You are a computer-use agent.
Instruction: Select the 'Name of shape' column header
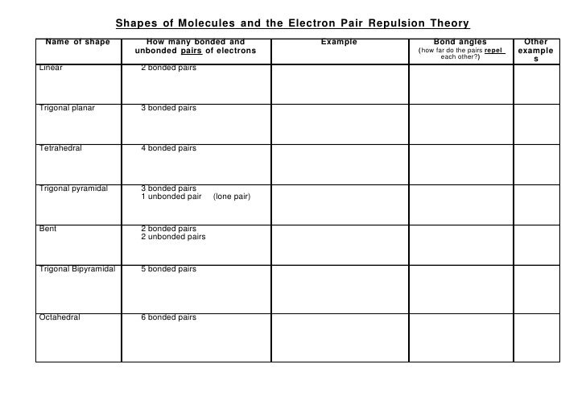[78, 41]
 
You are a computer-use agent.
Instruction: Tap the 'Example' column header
[339, 41]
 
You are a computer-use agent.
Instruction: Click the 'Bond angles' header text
[460, 41]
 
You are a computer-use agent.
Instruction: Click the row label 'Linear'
[51, 67]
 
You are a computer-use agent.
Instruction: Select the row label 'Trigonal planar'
[66, 108]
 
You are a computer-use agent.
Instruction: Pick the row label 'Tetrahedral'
[60, 148]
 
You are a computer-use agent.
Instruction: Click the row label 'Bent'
[47, 229]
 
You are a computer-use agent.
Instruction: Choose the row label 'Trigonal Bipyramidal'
[77, 269]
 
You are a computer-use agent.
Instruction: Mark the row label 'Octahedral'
[59, 317]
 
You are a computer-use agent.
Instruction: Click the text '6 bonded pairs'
[168, 317]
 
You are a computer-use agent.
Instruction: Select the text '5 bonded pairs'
[168, 269]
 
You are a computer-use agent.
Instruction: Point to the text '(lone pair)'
[232, 197]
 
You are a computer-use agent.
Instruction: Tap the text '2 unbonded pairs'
[173, 237]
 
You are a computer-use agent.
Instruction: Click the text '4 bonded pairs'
[168, 148]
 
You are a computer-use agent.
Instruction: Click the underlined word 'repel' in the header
[494, 51]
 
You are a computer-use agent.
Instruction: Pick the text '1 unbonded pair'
[171, 197]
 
